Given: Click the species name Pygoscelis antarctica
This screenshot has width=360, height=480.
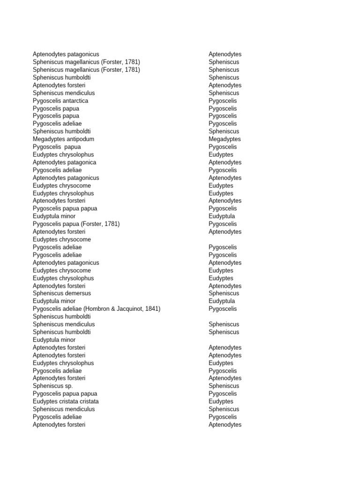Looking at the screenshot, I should (x=60, y=101).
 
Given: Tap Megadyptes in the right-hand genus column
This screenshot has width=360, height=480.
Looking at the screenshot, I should (x=225, y=139).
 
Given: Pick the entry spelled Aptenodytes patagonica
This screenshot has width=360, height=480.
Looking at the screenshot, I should (x=64, y=162).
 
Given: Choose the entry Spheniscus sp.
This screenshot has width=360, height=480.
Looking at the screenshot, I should (x=52, y=386).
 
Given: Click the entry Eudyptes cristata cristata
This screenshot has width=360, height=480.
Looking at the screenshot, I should (x=66, y=401).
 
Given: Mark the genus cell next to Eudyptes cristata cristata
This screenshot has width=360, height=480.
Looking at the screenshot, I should (x=221, y=401).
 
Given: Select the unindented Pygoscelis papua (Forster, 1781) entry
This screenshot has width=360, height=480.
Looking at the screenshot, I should (x=76, y=224).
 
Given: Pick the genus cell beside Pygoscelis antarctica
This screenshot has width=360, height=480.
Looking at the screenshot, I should (x=223, y=101).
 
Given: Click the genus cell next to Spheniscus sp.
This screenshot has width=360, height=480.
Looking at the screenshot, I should (x=224, y=386).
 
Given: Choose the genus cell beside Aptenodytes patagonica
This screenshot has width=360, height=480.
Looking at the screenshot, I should (x=225, y=162).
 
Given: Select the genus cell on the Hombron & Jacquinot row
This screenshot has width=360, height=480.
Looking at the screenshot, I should (x=223, y=309).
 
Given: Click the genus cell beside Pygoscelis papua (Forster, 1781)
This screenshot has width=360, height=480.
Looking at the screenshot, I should (x=223, y=224).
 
